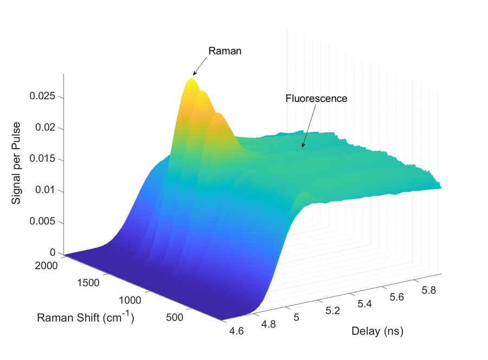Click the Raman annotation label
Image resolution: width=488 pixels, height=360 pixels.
click(x=224, y=51)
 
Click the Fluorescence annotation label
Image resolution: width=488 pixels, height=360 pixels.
click(x=316, y=99)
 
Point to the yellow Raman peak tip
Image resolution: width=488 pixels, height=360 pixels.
click(x=191, y=79)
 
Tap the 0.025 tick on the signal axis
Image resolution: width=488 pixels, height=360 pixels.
click(x=43, y=97)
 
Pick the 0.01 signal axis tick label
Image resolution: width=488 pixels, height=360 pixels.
click(x=46, y=190)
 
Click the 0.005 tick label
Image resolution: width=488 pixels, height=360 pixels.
click(x=43, y=222)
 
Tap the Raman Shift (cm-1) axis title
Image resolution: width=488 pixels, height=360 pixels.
click(x=86, y=317)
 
